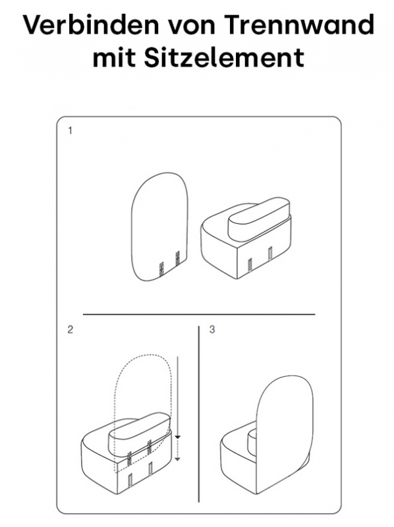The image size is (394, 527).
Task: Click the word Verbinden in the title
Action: click(91, 25)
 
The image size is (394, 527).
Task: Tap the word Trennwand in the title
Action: click(299, 25)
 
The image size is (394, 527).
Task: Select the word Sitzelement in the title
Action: click(224, 57)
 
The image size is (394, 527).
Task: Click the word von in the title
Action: click(191, 28)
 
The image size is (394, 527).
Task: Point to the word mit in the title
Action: click(114, 57)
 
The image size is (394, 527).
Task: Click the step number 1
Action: click(70, 130)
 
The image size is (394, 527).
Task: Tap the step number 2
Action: click(70, 329)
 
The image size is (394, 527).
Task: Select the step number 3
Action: click(211, 329)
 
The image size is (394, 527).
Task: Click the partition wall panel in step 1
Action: click(159, 227)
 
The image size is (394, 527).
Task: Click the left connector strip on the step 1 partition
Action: click(161, 269)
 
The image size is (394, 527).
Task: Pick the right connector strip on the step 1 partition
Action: click(178, 258)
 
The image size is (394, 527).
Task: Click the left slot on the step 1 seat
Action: click(250, 265)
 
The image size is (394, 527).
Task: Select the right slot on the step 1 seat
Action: click(270, 254)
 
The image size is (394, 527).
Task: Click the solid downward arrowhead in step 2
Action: click(178, 437)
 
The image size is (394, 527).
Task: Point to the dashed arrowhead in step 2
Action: click(178, 458)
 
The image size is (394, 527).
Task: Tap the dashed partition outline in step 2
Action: click(144, 354)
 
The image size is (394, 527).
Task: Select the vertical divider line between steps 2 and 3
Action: click(199, 414)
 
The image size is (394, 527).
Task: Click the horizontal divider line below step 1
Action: click(199, 314)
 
